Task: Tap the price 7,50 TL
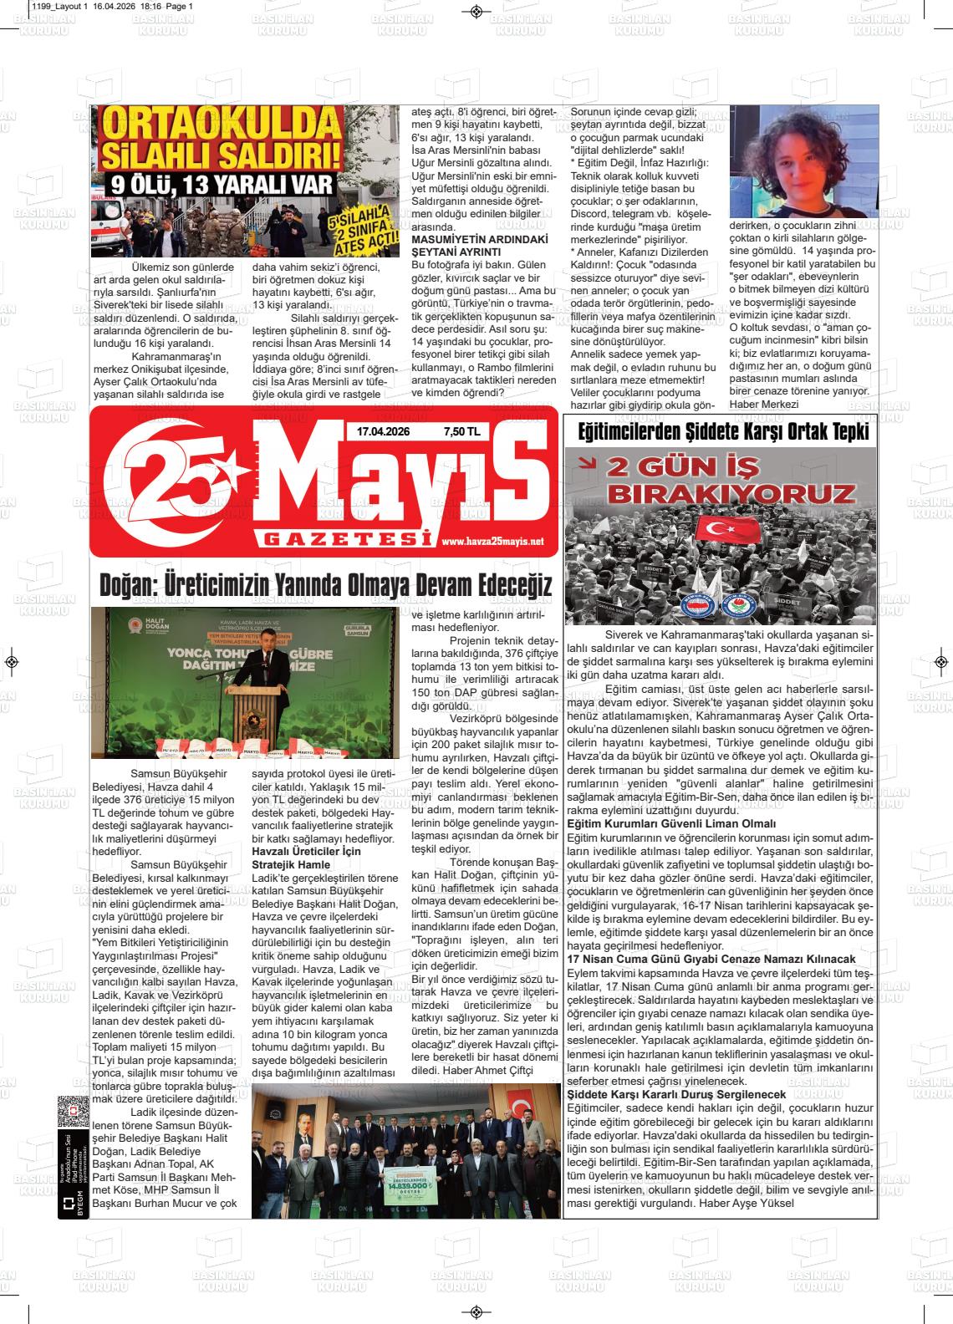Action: point(461,431)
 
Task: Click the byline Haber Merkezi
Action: point(764,405)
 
